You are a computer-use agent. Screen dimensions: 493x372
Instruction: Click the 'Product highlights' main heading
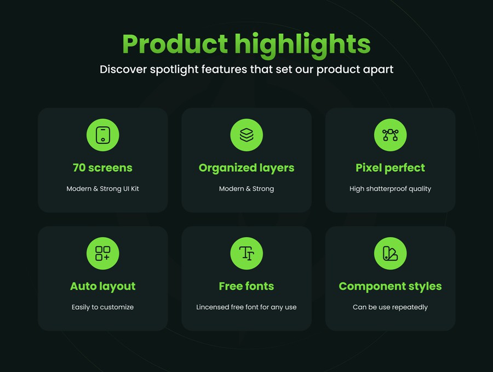click(x=246, y=44)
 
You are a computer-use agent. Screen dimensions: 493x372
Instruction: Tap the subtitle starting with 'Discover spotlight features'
click(x=246, y=69)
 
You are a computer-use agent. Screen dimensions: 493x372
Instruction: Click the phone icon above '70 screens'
click(x=103, y=135)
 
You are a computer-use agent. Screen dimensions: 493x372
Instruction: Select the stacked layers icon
click(x=246, y=135)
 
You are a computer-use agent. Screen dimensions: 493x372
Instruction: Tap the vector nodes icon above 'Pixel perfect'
click(x=390, y=135)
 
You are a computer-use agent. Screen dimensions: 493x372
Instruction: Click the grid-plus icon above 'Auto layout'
click(x=103, y=253)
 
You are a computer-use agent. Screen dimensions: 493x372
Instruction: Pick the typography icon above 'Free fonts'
click(x=246, y=253)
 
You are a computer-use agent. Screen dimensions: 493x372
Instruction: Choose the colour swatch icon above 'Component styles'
click(x=390, y=253)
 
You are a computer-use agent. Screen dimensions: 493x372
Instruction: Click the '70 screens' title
click(x=102, y=167)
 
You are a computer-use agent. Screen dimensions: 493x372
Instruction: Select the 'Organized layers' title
click(x=246, y=168)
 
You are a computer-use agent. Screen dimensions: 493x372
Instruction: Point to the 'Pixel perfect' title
click(x=390, y=168)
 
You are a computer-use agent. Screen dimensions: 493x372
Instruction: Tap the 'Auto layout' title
click(x=103, y=287)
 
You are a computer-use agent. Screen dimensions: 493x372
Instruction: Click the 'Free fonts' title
click(x=246, y=286)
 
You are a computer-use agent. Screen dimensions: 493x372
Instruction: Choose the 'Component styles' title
click(x=390, y=287)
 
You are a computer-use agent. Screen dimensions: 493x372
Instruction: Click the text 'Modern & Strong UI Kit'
click(x=102, y=189)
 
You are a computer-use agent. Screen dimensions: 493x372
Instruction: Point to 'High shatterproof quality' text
click(x=390, y=189)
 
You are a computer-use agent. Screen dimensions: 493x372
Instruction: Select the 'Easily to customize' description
click(x=102, y=307)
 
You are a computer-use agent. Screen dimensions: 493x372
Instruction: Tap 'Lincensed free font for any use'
click(x=246, y=307)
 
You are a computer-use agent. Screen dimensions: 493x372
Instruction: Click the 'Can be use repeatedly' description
click(x=390, y=307)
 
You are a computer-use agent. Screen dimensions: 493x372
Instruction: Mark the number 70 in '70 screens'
click(x=79, y=167)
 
